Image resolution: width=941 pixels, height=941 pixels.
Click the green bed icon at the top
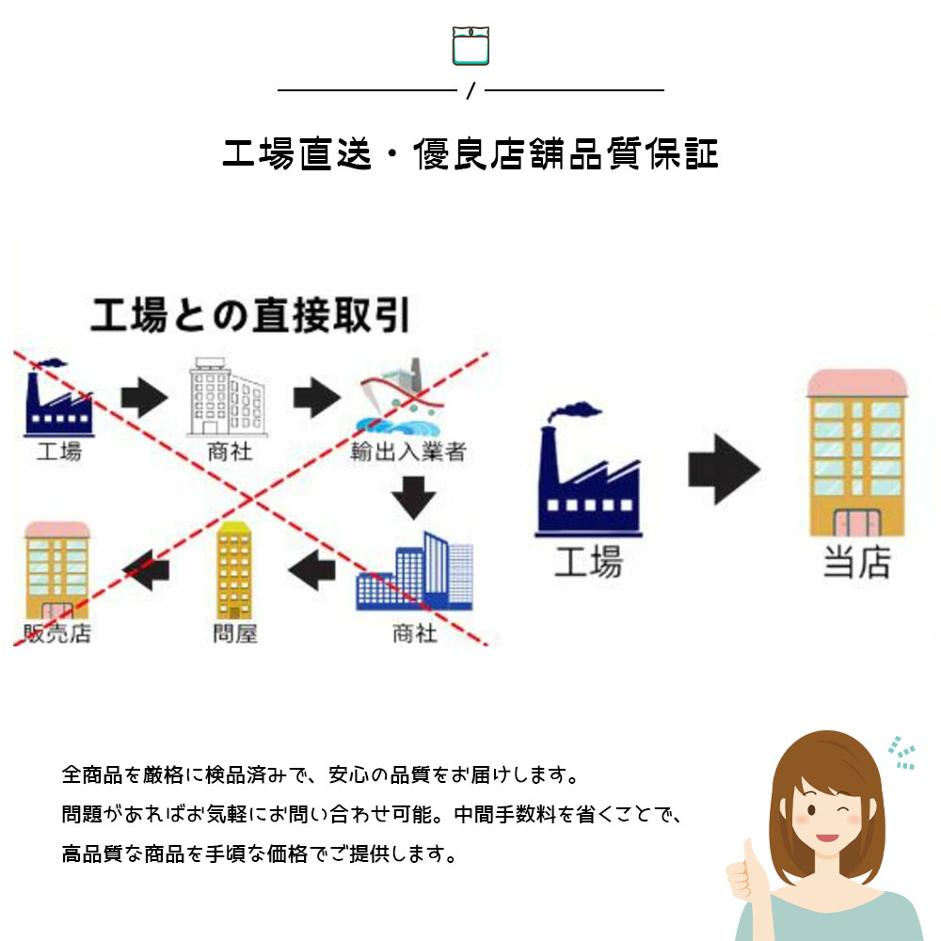click(x=470, y=45)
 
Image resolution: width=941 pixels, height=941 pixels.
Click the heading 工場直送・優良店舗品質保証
click(x=470, y=154)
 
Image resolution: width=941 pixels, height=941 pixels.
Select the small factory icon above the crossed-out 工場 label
click(x=57, y=399)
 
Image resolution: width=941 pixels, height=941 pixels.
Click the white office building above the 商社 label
click(x=227, y=397)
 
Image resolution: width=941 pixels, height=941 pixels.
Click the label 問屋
click(x=235, y=633)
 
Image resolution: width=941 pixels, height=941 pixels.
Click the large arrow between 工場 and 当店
click(x=723, y=468)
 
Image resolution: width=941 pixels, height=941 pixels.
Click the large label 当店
click(x=856, y=564)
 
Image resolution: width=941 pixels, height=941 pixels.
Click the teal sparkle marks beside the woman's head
click(x=901, y=751)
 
